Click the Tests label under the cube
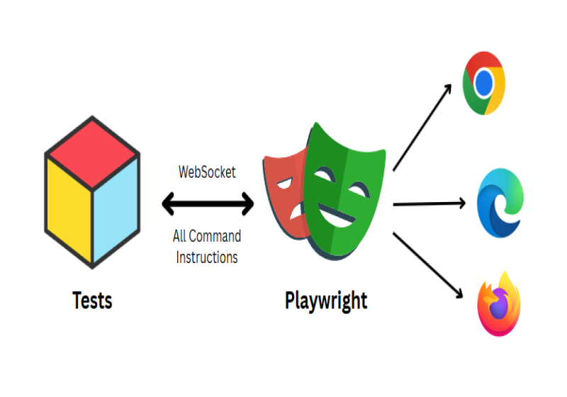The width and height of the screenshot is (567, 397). (x=92, y=301)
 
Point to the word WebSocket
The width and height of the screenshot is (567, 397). (x=207, y=172)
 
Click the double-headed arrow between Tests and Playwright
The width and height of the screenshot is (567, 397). (x=208, y=204)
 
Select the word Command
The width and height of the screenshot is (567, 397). (x=217, y=236)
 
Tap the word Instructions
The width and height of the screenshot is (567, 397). (x=207, y=257)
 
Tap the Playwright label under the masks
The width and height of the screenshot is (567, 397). (x=326, y=301)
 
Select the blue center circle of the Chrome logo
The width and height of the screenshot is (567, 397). (x=484, y=84)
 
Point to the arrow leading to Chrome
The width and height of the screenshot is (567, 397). (x=422, y=128)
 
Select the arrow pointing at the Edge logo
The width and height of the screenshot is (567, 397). (x=429, y=204)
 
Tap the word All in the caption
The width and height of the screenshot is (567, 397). (x=180, y=236)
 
